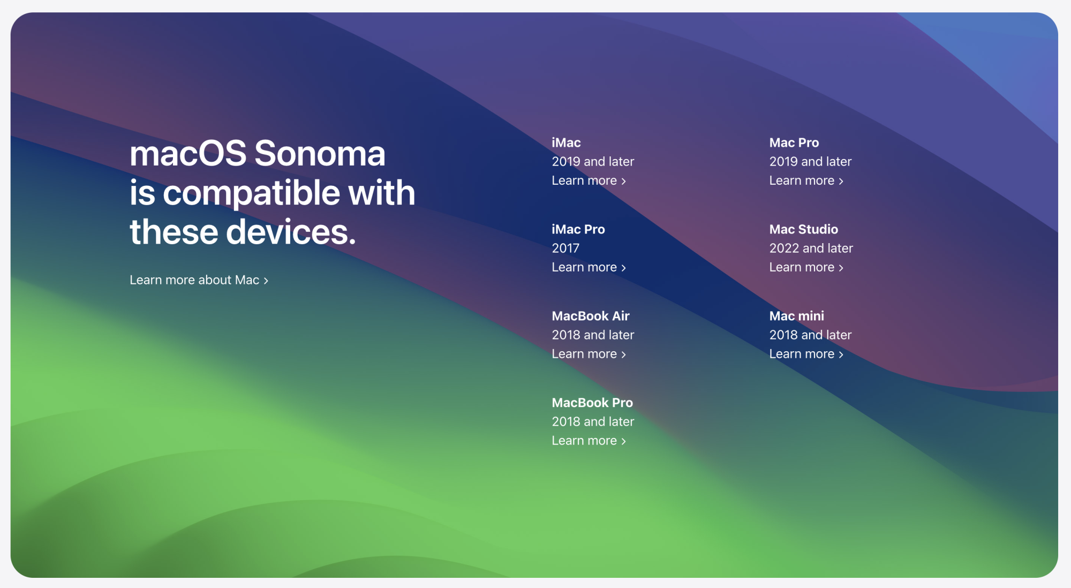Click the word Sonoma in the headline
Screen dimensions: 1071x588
[320, 154]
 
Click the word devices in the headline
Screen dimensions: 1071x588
[291, 232]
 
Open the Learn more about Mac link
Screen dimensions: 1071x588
[199, 280]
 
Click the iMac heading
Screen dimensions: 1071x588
[566, 142]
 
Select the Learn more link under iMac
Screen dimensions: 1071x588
[589, 180]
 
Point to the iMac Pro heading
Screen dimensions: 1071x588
[578, 229]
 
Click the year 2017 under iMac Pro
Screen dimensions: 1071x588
[565, 248]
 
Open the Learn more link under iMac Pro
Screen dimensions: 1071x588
[589, 267]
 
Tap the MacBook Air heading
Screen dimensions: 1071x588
[591, 316]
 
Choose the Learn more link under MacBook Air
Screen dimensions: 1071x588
[589, 354]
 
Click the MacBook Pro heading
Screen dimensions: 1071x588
[592, 403]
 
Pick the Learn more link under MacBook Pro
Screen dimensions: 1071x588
[589, 441]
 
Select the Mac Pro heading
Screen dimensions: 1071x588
[794, 142]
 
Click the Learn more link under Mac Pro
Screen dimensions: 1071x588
[806, 180]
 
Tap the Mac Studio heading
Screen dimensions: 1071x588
[804, 229]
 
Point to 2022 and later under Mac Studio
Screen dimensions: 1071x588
[811, 248]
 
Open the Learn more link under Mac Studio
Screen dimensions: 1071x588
[806, 267]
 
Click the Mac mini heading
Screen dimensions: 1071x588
[797, 316]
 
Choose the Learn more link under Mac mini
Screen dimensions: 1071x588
[806, 354]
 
